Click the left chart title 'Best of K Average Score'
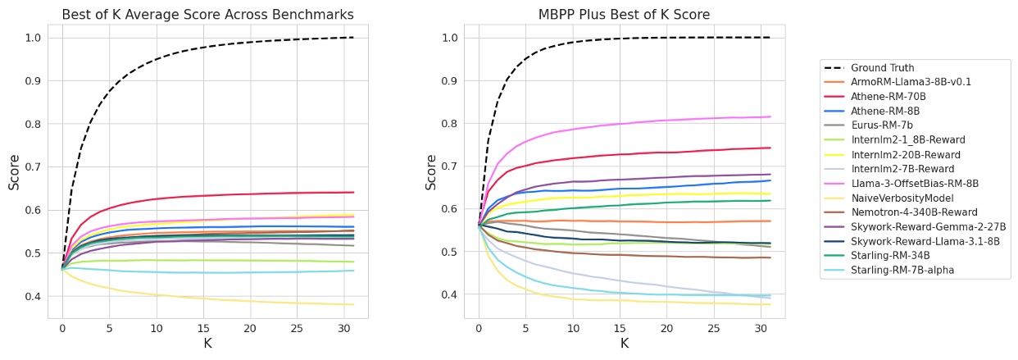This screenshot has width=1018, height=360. coord(207,15)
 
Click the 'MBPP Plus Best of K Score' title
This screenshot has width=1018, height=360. coord(624,15)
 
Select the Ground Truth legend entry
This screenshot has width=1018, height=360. coord(882,68)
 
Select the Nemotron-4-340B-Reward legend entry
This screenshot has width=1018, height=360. coord(907,212)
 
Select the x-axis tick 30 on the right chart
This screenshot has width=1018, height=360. coord(760,329)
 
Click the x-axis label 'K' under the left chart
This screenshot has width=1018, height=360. coord(207,344)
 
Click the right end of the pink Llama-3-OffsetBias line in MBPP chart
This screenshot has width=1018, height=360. coord(770,116)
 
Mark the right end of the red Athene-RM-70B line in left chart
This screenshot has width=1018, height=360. coord(353,193)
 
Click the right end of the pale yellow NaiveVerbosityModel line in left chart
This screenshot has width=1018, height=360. coord(353,304)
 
